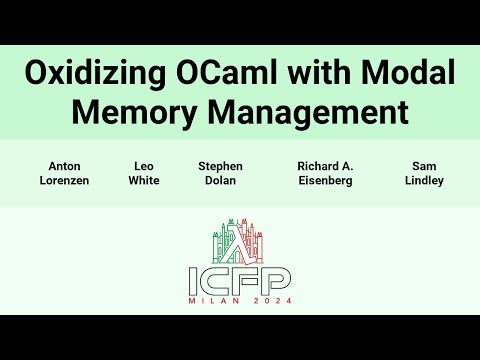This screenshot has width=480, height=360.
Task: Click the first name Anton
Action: click(x=65, y=166)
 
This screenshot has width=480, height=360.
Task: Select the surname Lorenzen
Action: click(x=65, y=181)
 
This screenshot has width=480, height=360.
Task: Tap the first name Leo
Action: click(x=144, y=166)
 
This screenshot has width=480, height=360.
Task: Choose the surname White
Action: click(x=144, y=181)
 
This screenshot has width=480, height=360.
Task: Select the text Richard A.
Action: click(x=325, y=166)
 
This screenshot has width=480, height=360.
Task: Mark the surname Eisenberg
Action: click(x=325, y=181)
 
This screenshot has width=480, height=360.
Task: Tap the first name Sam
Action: click(x=424, y=166)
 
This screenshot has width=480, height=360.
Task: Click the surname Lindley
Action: click(x=424, y=181)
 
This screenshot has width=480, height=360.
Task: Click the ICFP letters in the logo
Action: click(x=240, y=279)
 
